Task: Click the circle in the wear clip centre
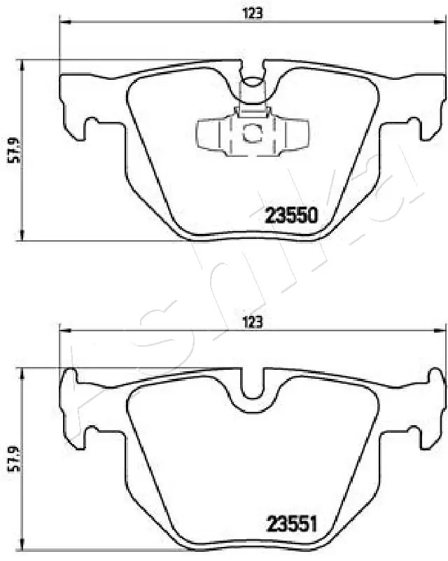[x=251, y=132]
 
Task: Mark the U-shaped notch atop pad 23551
[x=253, y=385]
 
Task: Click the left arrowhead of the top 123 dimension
[x=65, y=22]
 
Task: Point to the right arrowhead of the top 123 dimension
[x=440, y=22]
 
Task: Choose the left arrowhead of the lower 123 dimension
[x=65, y=331]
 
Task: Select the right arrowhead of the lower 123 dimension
[x=440, y=331]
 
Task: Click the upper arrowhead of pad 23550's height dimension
[x=24, y=64]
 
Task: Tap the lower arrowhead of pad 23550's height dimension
[x=24, y=237]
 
